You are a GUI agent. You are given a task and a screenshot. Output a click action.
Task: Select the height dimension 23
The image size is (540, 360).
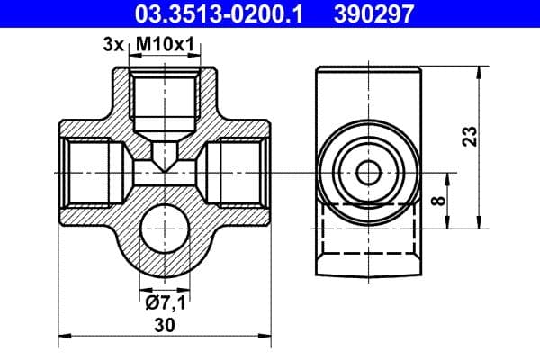click(x=469, y=137)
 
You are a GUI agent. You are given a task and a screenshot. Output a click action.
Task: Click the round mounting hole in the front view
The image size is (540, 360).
click(x=166, y=225)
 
